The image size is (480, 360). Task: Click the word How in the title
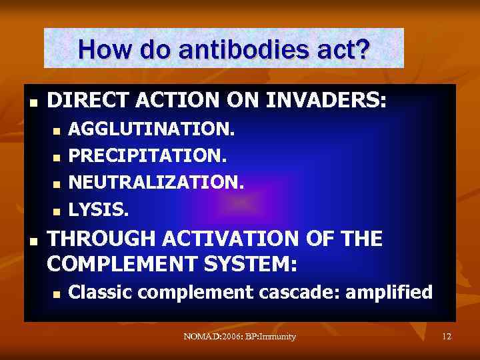point(103,49)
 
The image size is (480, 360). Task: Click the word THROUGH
point(99,238)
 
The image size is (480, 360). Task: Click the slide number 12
point(446,337)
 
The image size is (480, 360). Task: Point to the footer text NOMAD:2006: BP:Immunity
point(239,337)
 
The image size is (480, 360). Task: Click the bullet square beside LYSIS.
point(57,211)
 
